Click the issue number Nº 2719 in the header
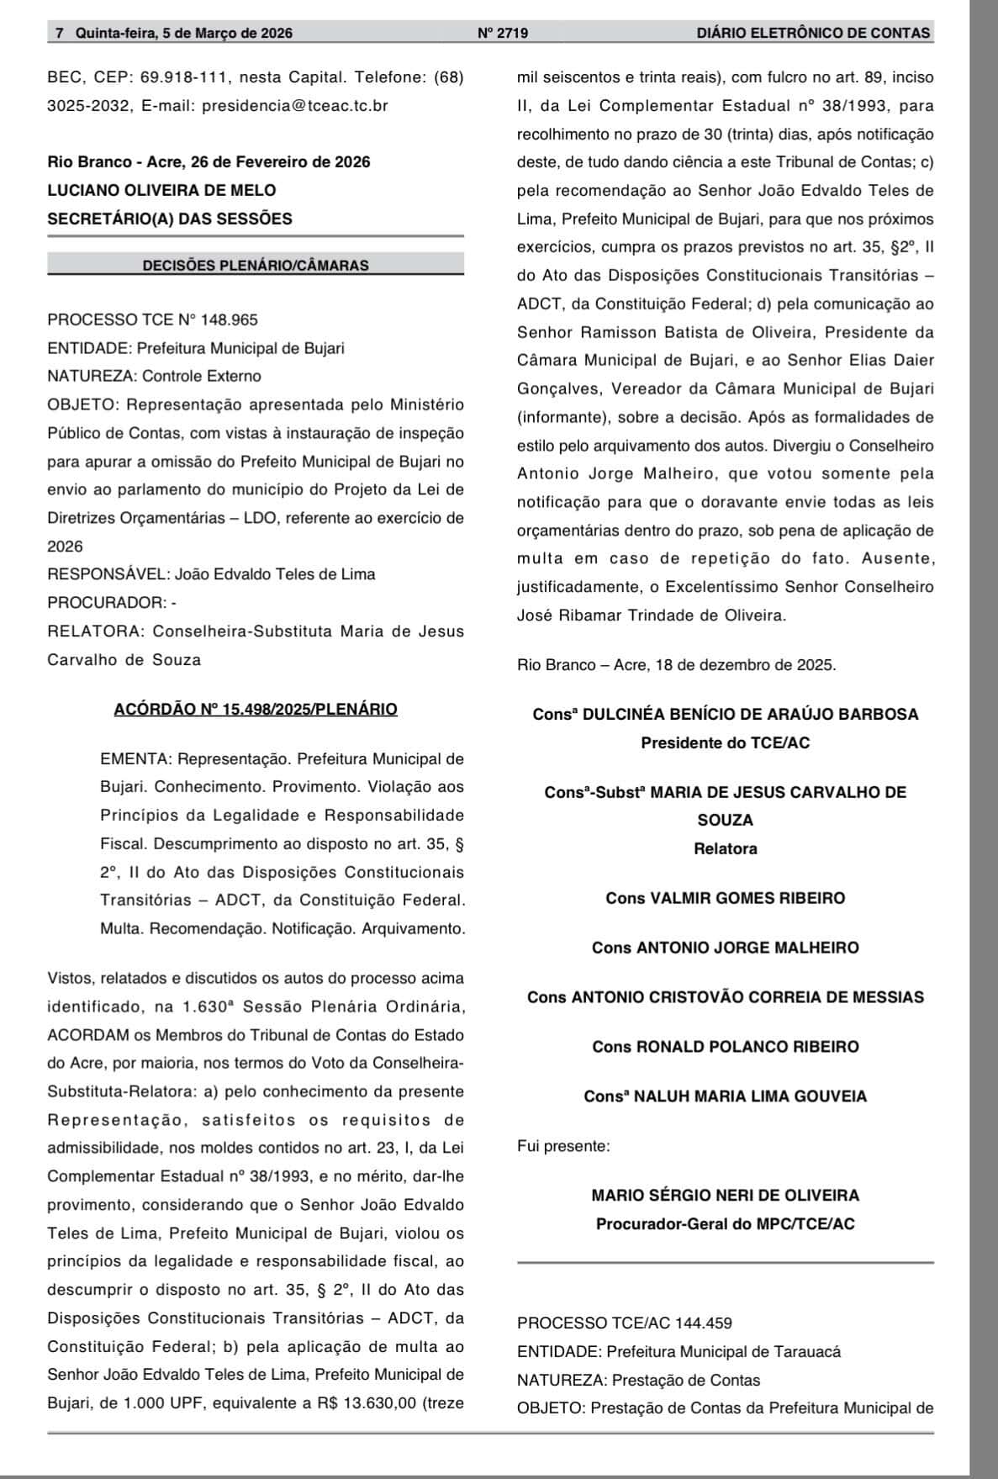[502, 34]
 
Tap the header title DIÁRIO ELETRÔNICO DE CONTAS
[813, 34]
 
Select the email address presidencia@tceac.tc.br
[295, 106]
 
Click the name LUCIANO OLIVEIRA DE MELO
[161, 190]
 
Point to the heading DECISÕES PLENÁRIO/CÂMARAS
[256, 265]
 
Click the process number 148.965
[229, 320]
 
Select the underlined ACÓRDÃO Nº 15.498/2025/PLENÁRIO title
[256, 709]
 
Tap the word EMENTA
[135, 758]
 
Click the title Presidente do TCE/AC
[725, 742]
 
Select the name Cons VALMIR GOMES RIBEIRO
[725, 898]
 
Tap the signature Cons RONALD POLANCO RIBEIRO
[725, 1047]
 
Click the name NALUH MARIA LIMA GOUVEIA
[749, 1096]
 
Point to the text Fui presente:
[563, 1145]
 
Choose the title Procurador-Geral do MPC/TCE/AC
[725, 1223]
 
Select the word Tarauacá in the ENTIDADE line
[811, 1351]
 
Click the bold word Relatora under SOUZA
[725, 848]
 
